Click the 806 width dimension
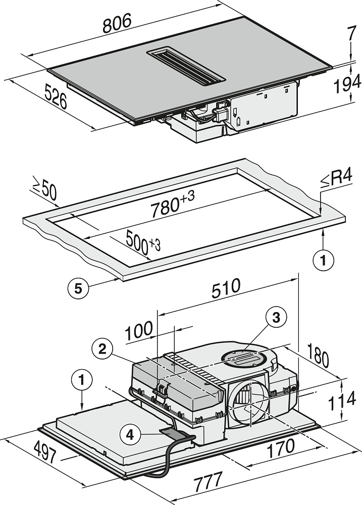[117, 24]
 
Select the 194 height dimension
[346, 85]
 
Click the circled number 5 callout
[78, 288]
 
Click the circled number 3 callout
[275, 317]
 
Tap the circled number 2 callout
[102, 348]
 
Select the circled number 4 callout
[130, 433]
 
